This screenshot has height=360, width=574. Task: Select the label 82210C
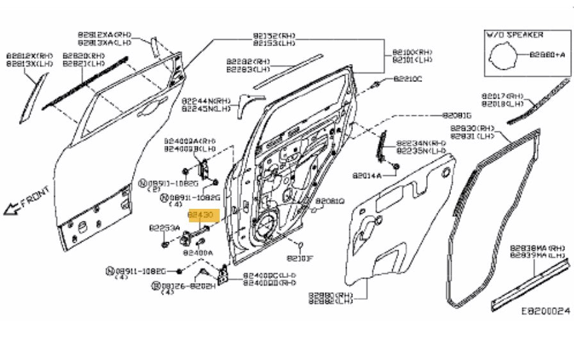[x=407, y=79]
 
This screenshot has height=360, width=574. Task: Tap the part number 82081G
[x=457, y=116]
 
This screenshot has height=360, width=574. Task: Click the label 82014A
[x=366, y=175]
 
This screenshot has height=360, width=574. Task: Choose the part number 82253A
[x=164, y=227]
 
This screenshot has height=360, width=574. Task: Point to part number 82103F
[x=300, y=258]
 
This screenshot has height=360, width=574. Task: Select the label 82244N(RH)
[x=205, y=101]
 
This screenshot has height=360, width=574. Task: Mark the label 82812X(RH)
[x=29, y=56]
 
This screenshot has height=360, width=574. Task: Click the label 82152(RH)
[x=274, y=36]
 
